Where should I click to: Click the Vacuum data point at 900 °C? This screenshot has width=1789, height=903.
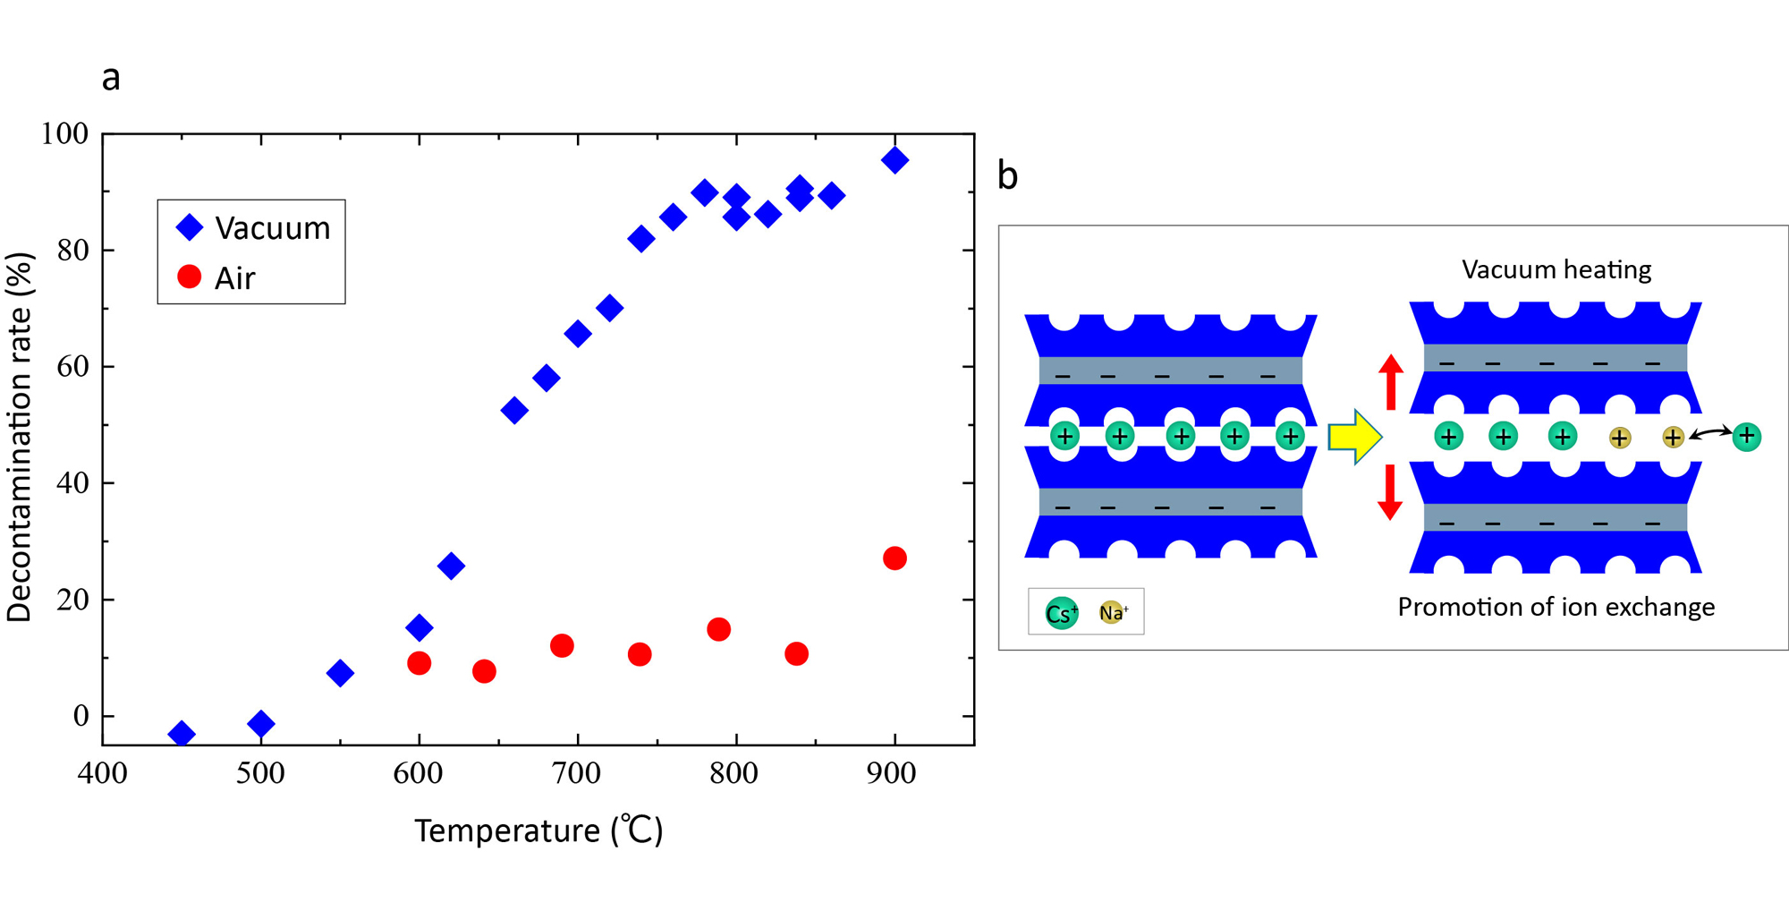click(x=894, y=160)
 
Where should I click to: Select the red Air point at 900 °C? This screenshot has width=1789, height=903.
click(x=894, y=558)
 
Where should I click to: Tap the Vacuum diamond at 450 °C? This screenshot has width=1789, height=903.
click(x=182, y=734)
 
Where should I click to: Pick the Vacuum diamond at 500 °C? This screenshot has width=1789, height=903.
click(x=260, y=723)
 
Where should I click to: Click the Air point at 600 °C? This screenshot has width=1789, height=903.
click(x=419, y=663)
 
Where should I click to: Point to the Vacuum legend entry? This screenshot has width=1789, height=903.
click(x=253, y=228)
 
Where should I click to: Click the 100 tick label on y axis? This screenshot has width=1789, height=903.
click(x=65, y=134)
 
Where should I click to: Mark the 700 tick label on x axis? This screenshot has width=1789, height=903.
click(x=577, y=773)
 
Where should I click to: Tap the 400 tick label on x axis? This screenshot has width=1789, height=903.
click(x=102, y=773)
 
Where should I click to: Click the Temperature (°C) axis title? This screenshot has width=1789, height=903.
click(x=538, y=831)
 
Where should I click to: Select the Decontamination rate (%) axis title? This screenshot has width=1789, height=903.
click(x=20, y=437)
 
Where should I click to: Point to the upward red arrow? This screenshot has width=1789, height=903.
click(x=1390, y=381)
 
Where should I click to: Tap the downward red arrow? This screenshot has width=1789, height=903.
click(x=1390, y=492)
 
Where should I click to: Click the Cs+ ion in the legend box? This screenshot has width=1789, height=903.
click(x=1062, y=613)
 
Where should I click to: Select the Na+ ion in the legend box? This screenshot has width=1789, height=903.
click(x=1112, y=612)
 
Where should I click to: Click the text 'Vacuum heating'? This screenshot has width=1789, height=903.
click(x=1556, y=269)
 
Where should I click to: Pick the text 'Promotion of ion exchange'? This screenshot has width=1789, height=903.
click(x=1556, y=607)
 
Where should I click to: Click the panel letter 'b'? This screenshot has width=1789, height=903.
click(x=1008, y=176)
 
